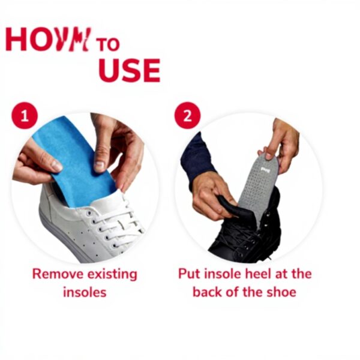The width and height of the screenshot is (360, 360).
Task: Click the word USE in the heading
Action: coord(130,70)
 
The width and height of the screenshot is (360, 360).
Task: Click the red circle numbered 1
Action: coord(25,116)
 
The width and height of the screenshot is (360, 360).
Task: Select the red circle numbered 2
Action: coord(187,116)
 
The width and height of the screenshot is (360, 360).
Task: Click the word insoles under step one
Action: coord(85,293)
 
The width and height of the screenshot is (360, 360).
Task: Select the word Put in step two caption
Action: coord(189,274)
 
